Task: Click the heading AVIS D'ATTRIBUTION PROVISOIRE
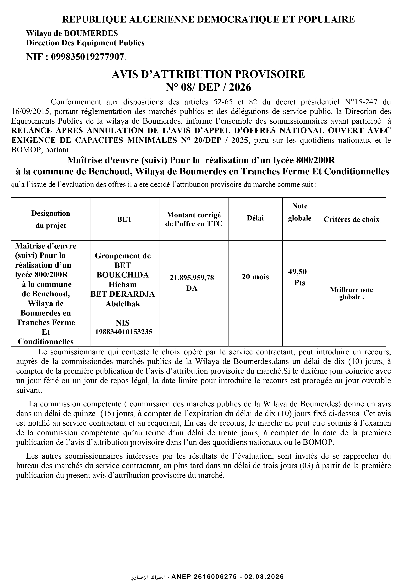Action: tap(208, 74)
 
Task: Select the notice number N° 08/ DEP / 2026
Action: tap(208, 87)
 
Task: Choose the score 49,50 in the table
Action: tap(297, 272)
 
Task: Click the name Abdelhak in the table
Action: tap(123, 304)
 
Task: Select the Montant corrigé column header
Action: tap(194, 219)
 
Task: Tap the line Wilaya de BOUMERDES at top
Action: tap(72, 33)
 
